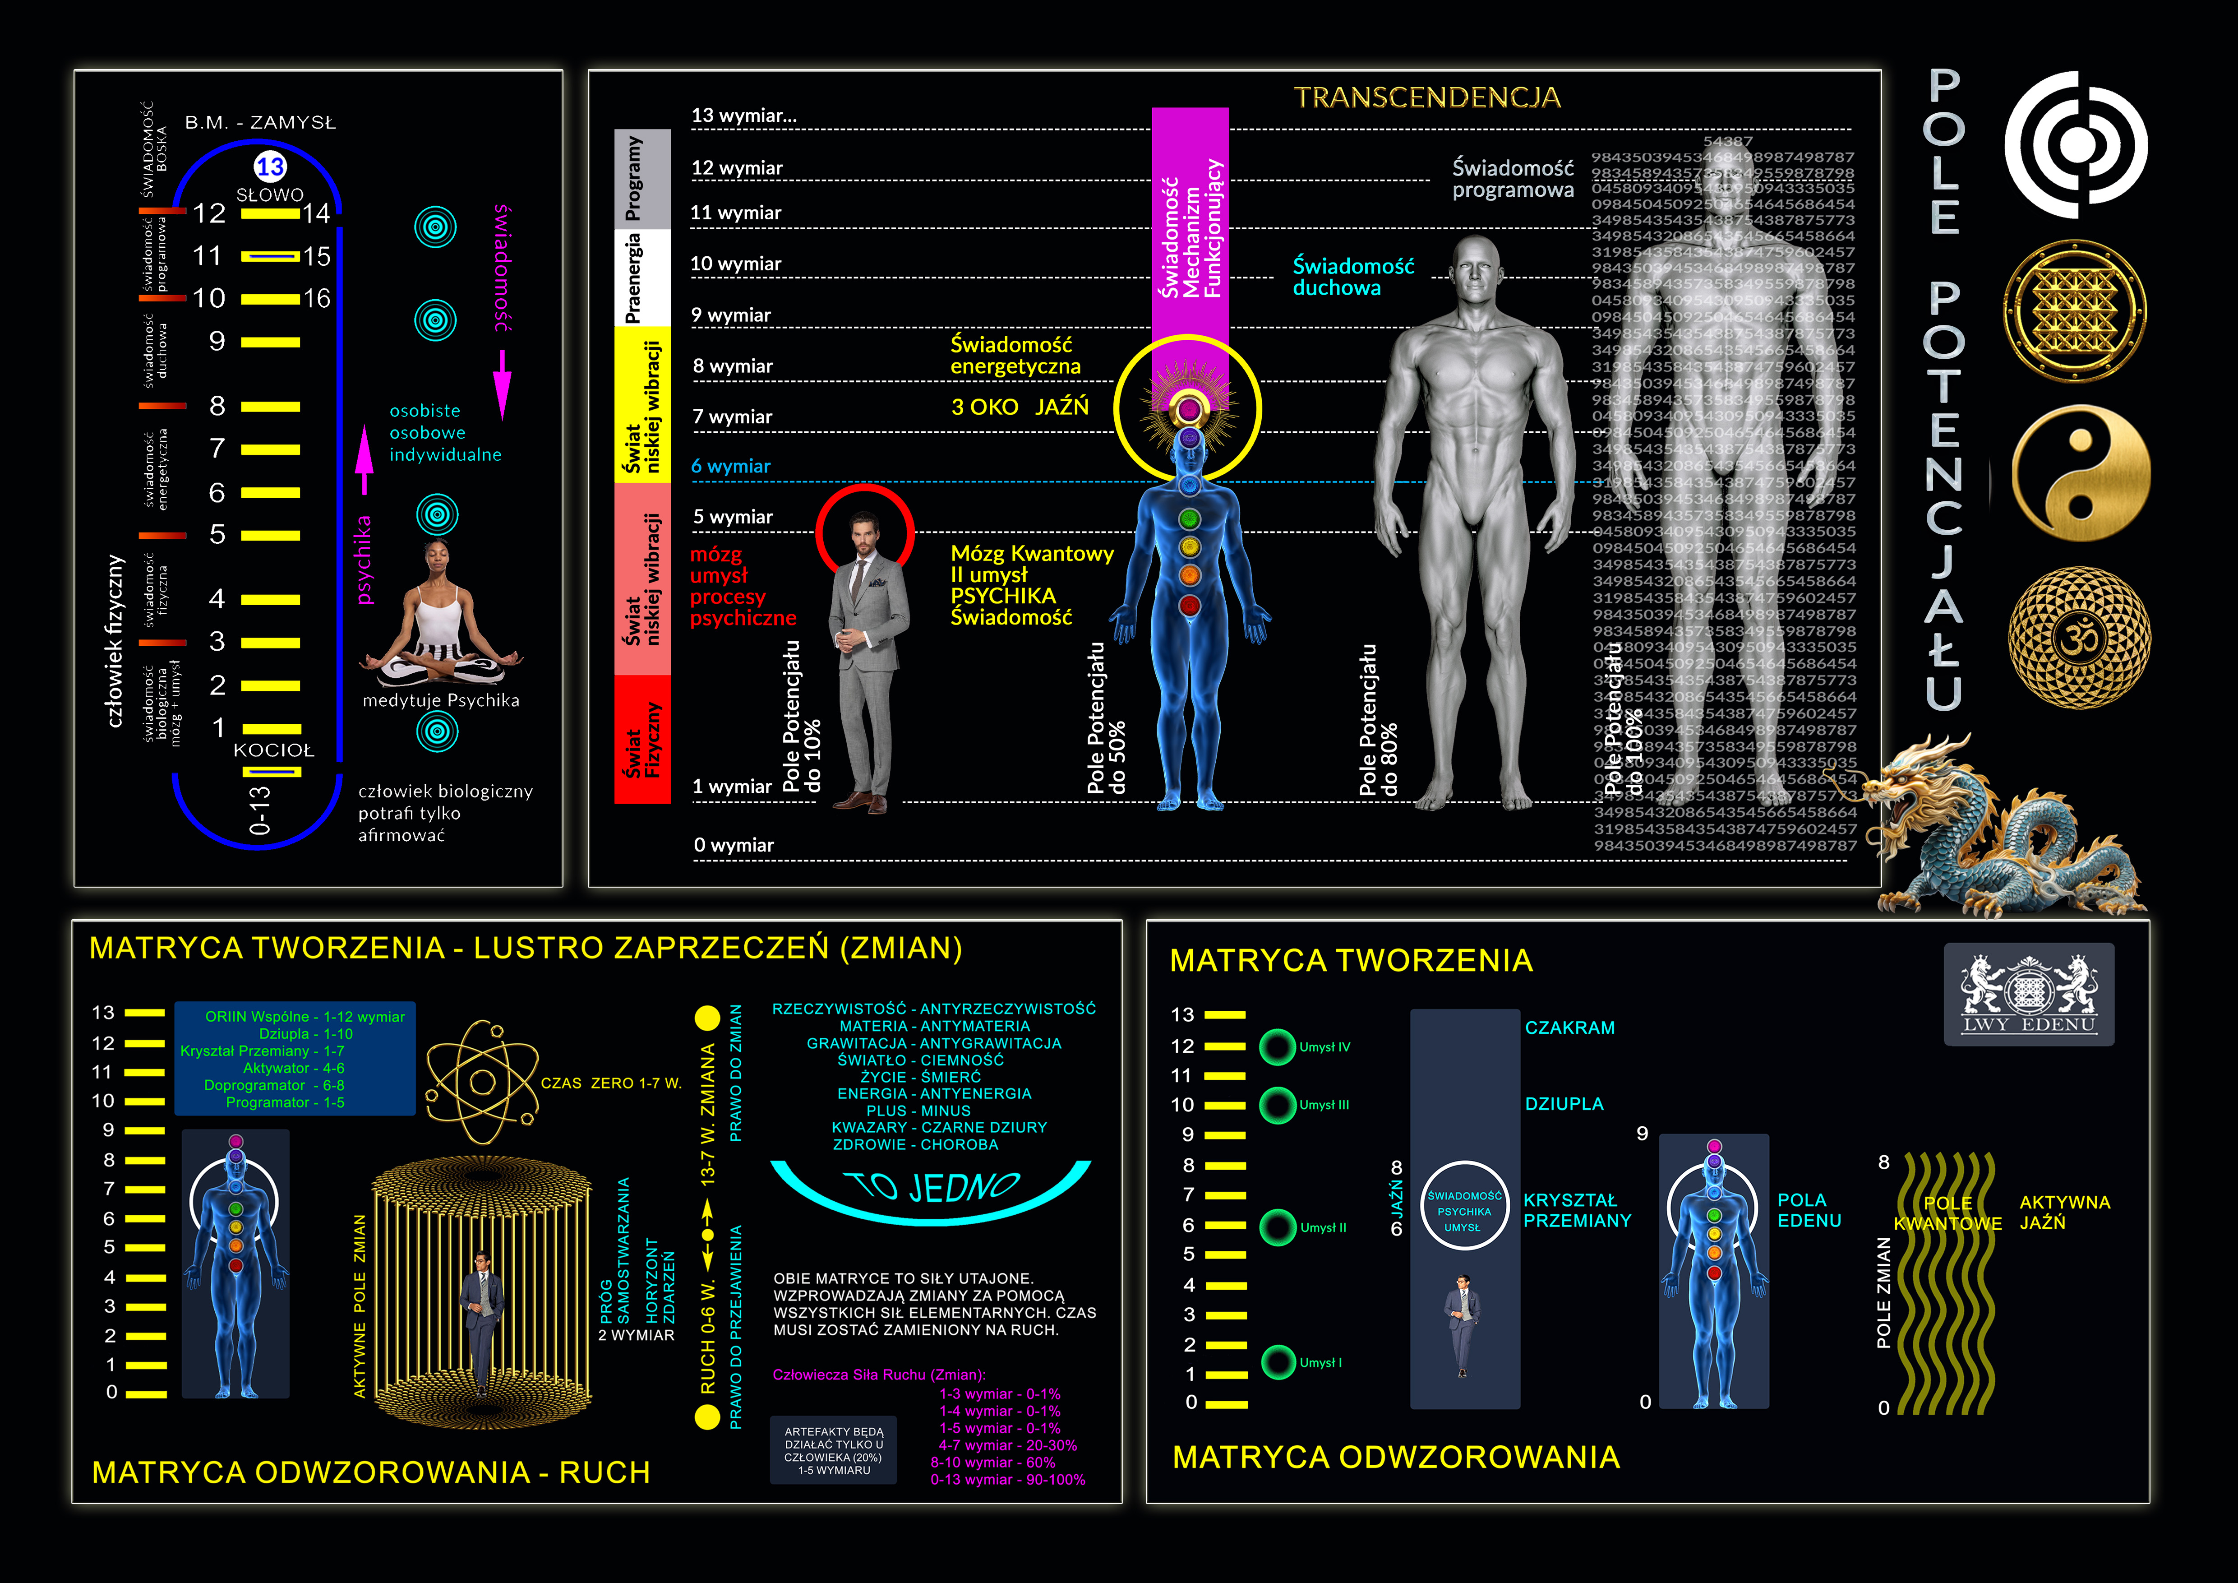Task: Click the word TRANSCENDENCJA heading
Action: click(1427, 97)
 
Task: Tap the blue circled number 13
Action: click(270, 167)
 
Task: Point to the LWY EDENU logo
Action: click(2028, 994)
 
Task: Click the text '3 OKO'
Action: click(984, 407)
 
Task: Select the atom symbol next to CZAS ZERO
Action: click(483, 1082)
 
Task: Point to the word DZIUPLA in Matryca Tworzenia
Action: click(1564, 1103)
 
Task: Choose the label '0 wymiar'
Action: click(733, 845)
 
